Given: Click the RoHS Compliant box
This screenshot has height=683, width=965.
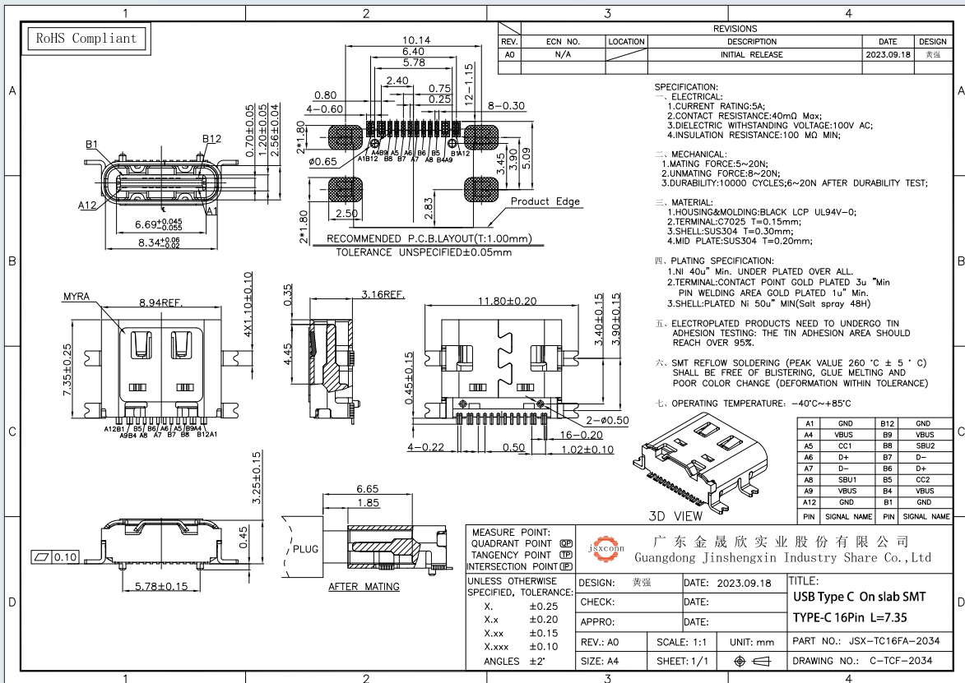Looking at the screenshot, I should (84, 38).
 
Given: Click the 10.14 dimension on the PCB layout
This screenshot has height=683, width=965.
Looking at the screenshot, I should (416, 40).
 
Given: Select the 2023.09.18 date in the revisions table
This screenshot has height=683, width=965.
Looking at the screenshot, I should (888, 54).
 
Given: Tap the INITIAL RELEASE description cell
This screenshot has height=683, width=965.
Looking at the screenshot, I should (752, 54).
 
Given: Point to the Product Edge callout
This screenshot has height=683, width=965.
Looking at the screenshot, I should (545, 201).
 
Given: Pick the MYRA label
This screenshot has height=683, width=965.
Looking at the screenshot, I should (76, 296).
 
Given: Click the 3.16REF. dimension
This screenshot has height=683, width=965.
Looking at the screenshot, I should (383, 293).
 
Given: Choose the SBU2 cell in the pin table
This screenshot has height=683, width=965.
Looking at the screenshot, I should (925, 445).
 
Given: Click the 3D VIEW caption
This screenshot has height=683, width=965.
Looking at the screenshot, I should (675, 516).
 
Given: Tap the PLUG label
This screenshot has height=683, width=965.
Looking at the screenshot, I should (306, 548).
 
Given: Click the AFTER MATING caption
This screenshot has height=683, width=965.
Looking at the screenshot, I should (364, 587).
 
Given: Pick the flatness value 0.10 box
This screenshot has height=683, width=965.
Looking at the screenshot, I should (63, 557).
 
